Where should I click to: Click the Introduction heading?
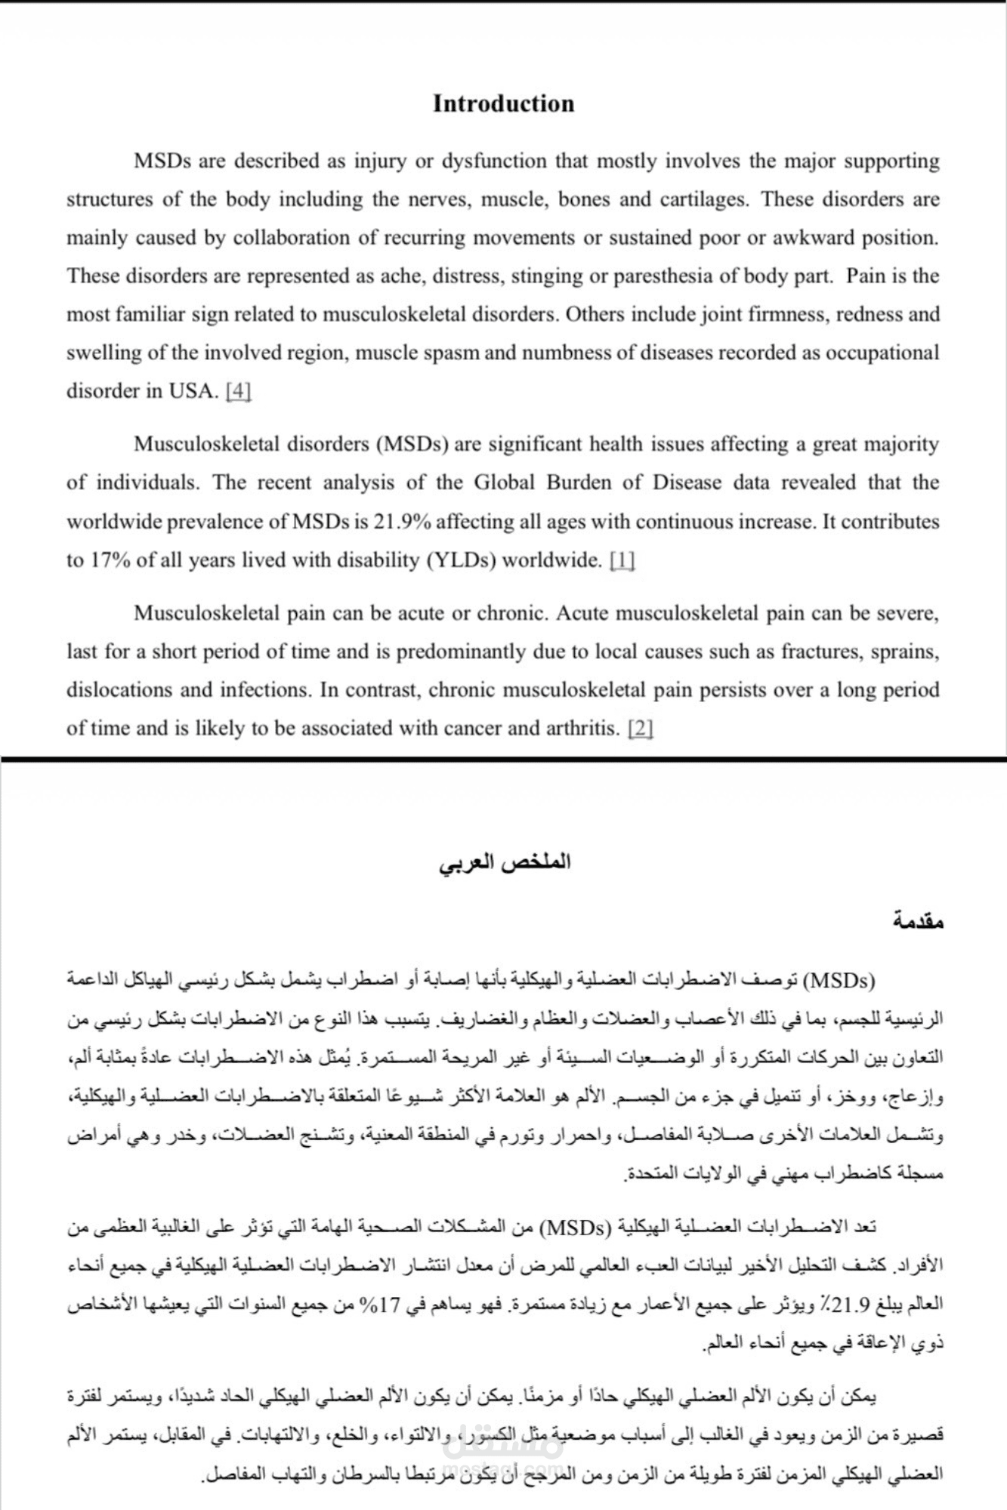(x=503, y=103)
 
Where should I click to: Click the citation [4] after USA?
(x=238, y=391)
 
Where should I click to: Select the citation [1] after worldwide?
(x=622, y=560)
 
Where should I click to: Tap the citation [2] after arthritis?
(x=641, y=729)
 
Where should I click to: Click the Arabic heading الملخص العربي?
(x=505, y=862)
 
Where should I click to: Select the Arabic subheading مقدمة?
(x=917, y=922)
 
